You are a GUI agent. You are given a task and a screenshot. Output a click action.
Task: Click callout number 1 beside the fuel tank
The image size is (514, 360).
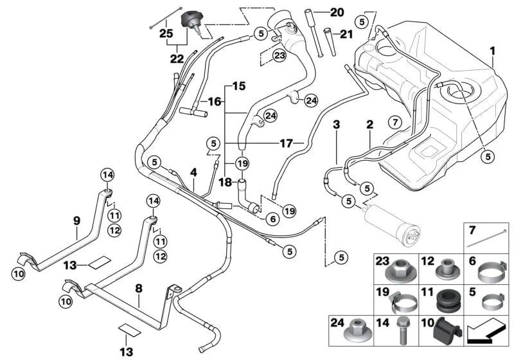[x=493, y=50]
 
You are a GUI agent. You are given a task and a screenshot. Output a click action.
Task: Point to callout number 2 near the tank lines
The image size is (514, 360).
[x=369, y=124]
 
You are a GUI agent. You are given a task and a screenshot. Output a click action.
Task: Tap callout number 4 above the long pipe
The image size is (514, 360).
[x=193, y=172]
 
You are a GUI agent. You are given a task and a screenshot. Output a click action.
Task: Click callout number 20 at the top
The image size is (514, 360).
[x=337, y=12]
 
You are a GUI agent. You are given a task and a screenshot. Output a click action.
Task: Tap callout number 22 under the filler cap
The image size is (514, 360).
[x=176, y=59]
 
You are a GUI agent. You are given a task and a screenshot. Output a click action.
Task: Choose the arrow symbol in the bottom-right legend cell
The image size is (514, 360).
[x=487, y=333]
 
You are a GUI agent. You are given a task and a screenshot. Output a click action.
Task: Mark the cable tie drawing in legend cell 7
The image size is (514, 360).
[x=487, y=239]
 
